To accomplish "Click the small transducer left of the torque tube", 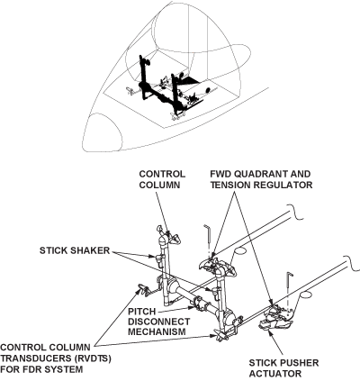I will click(142, 290).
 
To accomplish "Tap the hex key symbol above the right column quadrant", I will click(210, 234).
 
